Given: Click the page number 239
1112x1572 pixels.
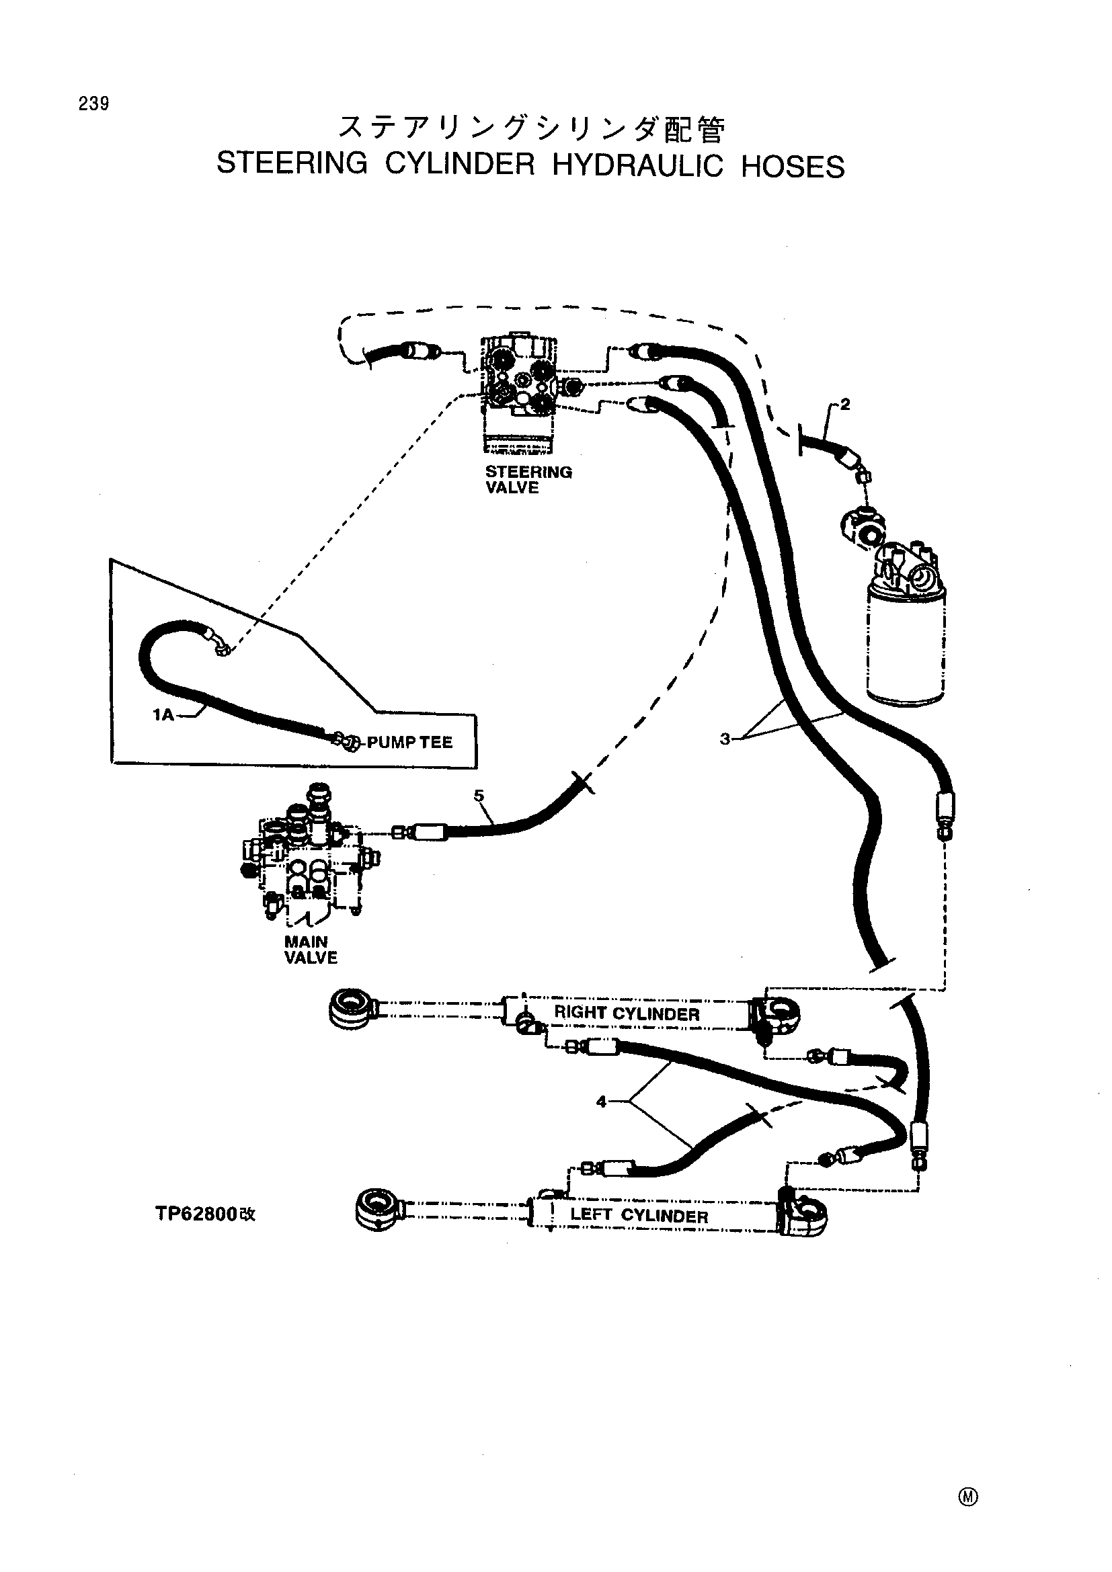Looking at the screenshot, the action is pos(94,104).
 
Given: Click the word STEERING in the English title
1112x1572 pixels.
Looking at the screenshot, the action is pos(292,164).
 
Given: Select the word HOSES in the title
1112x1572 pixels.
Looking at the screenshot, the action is pos(793,167).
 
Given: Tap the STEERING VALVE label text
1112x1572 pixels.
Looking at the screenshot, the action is pos(528,480).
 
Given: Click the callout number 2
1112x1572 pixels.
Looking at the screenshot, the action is pos(846,405).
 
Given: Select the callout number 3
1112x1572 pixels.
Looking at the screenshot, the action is pos(725,739).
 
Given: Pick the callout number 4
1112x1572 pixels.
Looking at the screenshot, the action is pos(601,1102).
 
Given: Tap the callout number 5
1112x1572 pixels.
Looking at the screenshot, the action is pos(479,795).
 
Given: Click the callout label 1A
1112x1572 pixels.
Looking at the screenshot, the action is pos(163,716).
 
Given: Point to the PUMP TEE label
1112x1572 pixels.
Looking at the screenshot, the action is pos(410,743).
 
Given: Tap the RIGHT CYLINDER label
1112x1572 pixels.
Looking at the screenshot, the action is pos(627,1013).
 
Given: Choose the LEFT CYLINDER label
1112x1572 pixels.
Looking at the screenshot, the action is pos(639,1215).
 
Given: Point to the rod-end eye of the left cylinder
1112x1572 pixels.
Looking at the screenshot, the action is pos(380,1208).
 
